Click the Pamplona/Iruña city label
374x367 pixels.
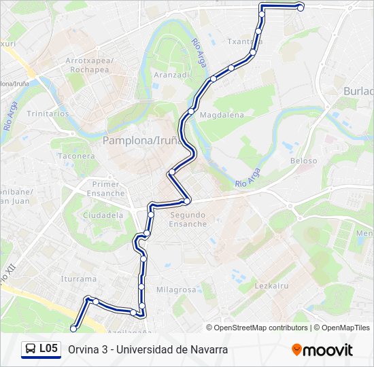[x=141, y=141]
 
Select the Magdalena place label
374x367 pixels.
[x=222, y=115]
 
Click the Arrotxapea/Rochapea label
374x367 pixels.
[x=89, y=65]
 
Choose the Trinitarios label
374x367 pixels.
[x=48, y=113]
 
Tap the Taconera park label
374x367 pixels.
[x=76, y=156]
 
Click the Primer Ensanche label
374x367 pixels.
[x=105, y=188]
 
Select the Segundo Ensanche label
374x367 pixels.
[x=188, y=220]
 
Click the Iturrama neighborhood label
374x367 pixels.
[x=79, y=279]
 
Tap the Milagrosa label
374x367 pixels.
[x=176, y=290]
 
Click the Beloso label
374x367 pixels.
[x=303, y=161]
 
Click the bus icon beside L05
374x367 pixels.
[x=31, y=349]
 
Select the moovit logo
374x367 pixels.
[x=322, y=350]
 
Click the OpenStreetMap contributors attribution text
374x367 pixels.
[x=260, y=328]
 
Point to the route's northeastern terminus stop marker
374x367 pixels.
[x=301, y=7]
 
